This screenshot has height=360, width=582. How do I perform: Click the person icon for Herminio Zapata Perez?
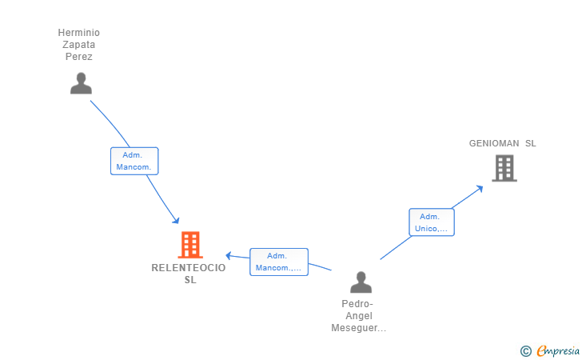tap(81, 83)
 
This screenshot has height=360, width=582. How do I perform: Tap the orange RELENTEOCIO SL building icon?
tap(190, 245)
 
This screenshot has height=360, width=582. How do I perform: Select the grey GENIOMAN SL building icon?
tap(504, 168)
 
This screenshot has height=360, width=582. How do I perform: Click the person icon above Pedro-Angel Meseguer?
tap(361, 282)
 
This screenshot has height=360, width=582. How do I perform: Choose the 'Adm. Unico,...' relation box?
tap(432, 222)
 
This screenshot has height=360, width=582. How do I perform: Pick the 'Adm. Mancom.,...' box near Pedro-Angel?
tap(279, 262)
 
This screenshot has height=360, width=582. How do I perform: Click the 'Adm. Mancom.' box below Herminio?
tap(134, 161)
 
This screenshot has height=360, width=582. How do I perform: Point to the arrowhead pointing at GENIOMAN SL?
tap(480, 188)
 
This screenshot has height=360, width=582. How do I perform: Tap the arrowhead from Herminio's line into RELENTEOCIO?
tap(176, 220)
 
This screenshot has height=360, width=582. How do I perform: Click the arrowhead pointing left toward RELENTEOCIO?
tap(229, 256)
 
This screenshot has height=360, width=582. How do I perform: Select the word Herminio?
tap(78, 33)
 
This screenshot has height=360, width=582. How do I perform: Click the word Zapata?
tap(78, 45)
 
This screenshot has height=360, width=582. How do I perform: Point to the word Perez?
tap(78, 57)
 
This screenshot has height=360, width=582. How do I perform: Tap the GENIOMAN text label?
tap(494, 143)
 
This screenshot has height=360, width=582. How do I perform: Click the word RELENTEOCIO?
tap(189, 268)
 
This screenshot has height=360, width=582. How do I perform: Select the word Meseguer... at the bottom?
tap(358, 328)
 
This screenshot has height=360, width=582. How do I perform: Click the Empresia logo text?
tap(558, 350)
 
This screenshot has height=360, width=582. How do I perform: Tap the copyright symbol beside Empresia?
tap(525, 351)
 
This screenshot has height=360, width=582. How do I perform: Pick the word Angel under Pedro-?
tap(359, 316)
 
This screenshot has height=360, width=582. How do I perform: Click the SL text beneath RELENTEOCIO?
tap(190, 280)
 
